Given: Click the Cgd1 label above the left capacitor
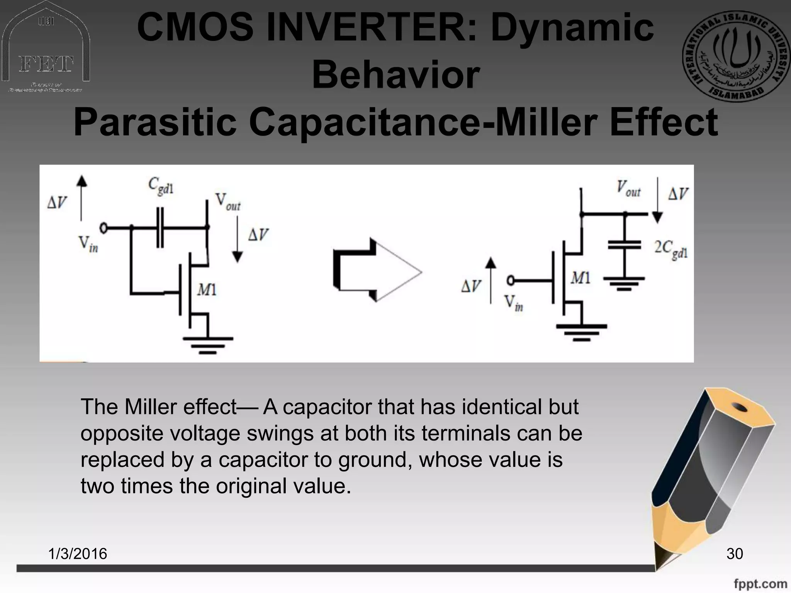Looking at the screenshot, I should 161,186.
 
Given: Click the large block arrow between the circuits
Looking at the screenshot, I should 377,270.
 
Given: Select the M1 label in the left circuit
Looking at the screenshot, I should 207,290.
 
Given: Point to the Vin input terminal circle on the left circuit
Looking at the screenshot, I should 104,228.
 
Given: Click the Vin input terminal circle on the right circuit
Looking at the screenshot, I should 511,281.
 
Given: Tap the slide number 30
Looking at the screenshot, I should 734,554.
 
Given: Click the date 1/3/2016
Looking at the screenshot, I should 78,554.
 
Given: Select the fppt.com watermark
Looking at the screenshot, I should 760,584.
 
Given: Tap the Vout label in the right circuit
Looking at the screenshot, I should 628,189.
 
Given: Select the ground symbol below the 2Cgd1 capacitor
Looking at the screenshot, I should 624,283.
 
